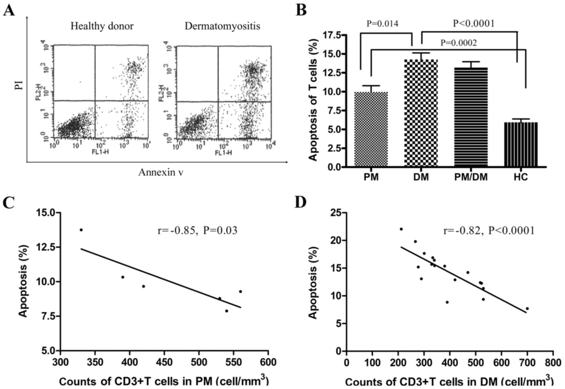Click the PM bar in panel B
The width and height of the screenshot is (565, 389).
[x=371, y=129]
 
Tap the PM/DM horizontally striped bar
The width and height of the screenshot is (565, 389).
[x=471, y=117]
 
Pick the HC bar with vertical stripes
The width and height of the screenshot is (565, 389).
[x=520, y=144]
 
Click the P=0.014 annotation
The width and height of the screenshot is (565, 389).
[x=382, y=24]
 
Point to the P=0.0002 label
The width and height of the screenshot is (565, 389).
[x=458, y=43]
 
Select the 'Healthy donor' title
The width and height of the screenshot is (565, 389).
[x=102, y=26]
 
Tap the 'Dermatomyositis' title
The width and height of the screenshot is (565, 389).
[x=222, y=26]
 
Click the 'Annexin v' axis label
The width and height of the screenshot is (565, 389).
[x=161, y=173]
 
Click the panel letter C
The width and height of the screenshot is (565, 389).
[x=8, y=203]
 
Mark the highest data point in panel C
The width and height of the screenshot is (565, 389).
[x=81, y=230]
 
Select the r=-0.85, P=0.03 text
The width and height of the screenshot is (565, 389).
[x=197, y=230]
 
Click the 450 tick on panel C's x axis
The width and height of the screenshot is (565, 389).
[x=164, y=362]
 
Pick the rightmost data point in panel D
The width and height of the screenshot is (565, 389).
[x=527, y=309]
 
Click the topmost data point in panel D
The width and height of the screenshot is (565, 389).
[x=401, y=229]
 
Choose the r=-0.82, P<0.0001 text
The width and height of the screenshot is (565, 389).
[x=489, y=231]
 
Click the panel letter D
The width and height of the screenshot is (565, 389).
[x=300, y=203]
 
